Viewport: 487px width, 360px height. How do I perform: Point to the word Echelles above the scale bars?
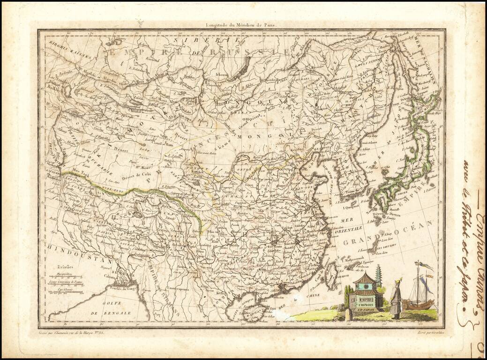point(60,266)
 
